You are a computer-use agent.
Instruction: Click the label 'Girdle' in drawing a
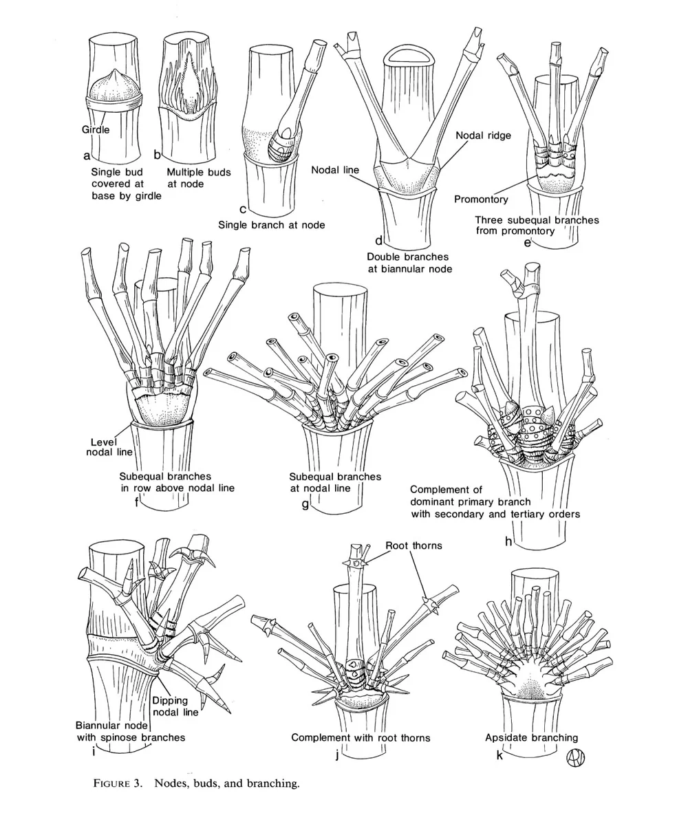(96, 128)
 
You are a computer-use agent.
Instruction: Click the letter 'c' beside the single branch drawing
(243, 208)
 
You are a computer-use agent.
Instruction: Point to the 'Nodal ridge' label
(483, 135)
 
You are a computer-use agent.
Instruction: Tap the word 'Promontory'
(481, 199)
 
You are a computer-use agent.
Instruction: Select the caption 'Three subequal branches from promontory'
(536, 226)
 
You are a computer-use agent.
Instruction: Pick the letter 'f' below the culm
(138, 501)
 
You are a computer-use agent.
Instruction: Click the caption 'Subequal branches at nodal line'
(334, 482)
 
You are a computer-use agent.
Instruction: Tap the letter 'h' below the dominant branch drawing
(508, 541)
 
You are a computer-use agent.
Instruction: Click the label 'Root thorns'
(413, 546)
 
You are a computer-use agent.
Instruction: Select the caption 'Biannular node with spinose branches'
(129, 731)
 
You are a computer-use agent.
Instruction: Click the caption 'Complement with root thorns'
(361, 737)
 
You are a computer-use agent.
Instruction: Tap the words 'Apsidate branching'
(531, 737)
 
